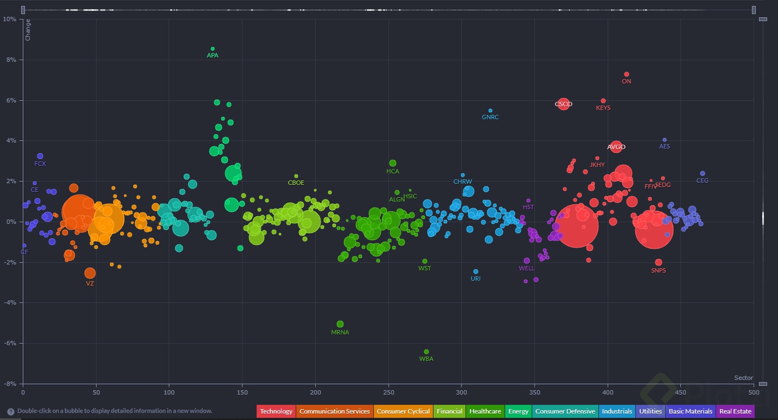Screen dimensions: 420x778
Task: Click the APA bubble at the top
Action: [x=213, y=49]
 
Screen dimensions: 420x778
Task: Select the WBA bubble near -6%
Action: [x=426, y=352]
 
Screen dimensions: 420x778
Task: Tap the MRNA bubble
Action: [x=340, y=324]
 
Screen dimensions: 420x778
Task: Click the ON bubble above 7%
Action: [x=627, y=74]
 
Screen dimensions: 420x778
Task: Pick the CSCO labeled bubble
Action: [x=564, y=104]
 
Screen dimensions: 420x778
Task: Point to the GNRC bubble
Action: [x=490, y=111]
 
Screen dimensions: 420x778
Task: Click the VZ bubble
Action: [x=90, y=273]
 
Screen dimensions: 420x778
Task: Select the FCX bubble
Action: [x=40, y=156]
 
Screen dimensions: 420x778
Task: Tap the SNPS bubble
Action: [x=659, y=262]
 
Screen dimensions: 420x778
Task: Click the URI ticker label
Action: [x=476, y=279]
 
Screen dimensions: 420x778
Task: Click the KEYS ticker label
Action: [x=603, y=108]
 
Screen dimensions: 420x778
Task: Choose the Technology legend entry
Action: [x=276, y=411]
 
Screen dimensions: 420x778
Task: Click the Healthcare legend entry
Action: [x=485, y=411]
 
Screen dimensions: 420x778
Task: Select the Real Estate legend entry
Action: [x=735, y=411]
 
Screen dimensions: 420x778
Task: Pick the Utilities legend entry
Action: [x=651, y=411]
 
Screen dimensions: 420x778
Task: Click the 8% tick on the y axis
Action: [x=10, y=60]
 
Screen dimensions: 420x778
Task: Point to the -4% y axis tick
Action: [x=10, y=303]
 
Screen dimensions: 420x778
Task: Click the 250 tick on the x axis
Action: [x=388, y=391]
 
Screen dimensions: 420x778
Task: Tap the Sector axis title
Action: [x=743, y=378]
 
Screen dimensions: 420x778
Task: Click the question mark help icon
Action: [x=11, y=411]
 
